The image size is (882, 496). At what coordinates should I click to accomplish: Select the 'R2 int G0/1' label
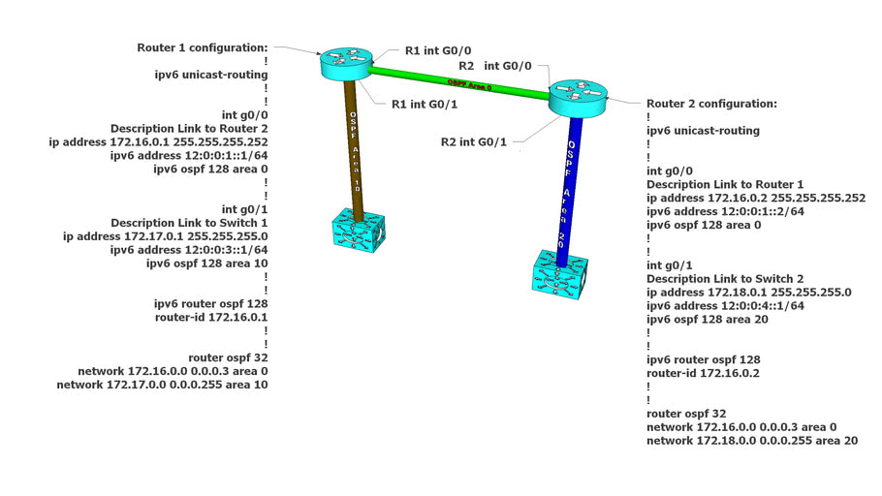click(x=474, y=142)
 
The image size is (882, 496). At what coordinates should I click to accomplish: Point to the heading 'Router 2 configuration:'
click(x=711, y=103)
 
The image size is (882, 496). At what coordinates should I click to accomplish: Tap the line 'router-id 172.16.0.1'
click(x=211, y=317)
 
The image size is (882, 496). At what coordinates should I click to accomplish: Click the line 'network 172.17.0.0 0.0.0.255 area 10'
click(x=163, y=385)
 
